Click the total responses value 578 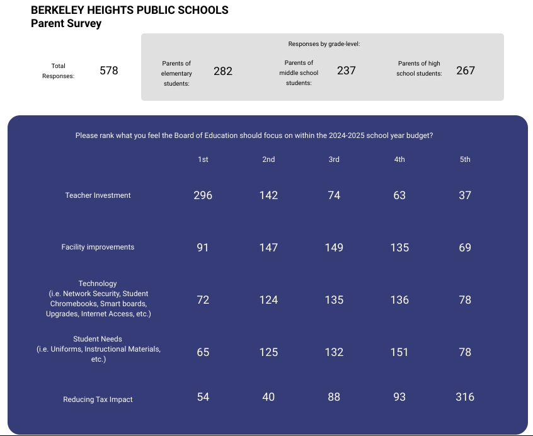point(109,71)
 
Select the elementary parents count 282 point(223,71)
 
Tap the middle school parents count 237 point(347,71)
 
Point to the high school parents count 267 point(466,71)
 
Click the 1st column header point(203,159)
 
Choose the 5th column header point(465,159)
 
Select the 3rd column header point(334,159)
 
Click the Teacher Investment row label point(98,195)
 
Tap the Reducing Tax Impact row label point(98,399)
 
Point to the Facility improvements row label point(98,247)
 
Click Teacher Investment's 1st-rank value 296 point(203,195)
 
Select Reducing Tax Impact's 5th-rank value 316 point(465,397)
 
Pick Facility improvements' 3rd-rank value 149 point(334,248)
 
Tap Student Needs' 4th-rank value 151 point(399,352)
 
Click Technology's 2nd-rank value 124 point(268,300)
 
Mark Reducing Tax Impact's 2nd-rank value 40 point(268,397)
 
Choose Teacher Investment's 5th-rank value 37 point(465,195)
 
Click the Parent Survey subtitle point(66,23)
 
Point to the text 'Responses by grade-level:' point(324,44)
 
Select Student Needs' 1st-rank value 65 point(203,352)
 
